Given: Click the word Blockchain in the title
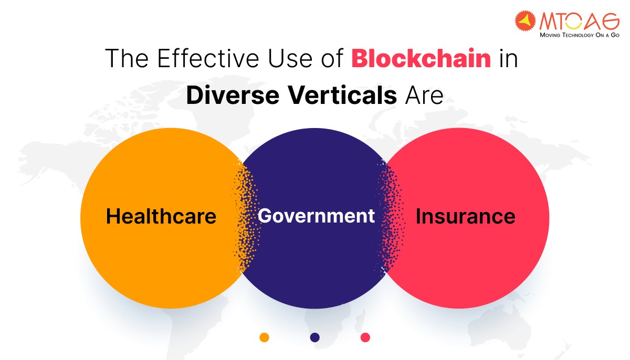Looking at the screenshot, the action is click(x=421, y=58).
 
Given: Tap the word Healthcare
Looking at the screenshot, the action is click(x=161, y=216).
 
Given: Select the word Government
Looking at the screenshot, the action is click(x=316, y=216).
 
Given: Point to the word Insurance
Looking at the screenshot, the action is click(x=466, y=216).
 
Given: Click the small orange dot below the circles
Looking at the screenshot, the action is click(x=264, y=337).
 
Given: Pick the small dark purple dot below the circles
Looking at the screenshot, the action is click(x=314, y=337).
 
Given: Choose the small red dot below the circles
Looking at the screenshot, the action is click(x=365, y=337).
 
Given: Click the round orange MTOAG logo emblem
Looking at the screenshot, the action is click(x=525, y=21).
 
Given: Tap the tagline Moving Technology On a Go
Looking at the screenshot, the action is click(x=580, y=35).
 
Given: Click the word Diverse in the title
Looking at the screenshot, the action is click(x=233, y=96).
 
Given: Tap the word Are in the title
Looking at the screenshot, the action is click(x=424, y=96).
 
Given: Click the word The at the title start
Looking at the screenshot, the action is click(x=127, y=58).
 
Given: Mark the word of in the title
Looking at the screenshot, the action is click(x=332, y=58).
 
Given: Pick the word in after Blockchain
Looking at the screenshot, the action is click(x=509, y=59).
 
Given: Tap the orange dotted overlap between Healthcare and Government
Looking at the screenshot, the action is click(x=245, y=216).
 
